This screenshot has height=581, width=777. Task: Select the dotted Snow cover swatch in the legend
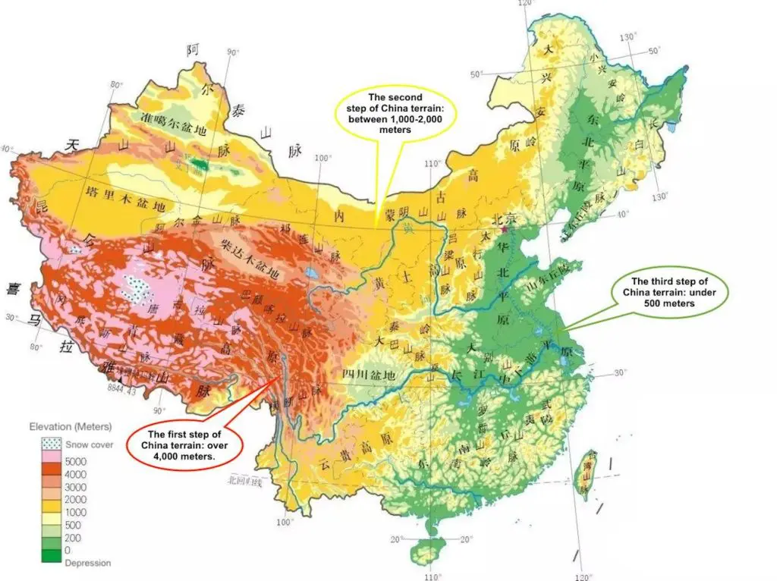click(52, 444)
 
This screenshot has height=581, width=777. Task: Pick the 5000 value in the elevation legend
click(76, 460)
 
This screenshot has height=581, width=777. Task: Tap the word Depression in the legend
click(87, 563)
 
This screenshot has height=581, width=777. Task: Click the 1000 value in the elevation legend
click(76, 512)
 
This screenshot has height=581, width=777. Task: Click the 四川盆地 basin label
click(369, 375)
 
